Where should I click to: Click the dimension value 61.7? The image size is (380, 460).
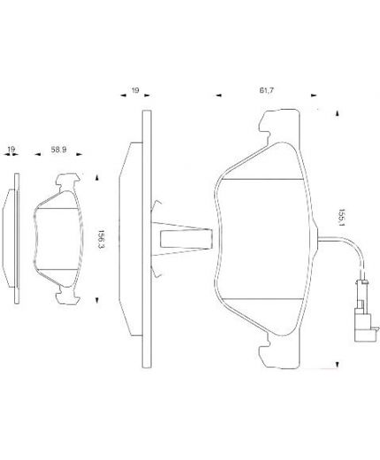coord(265,90)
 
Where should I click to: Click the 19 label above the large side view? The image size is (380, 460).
coord(135,90)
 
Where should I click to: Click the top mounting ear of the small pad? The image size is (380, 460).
coord(67,183)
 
